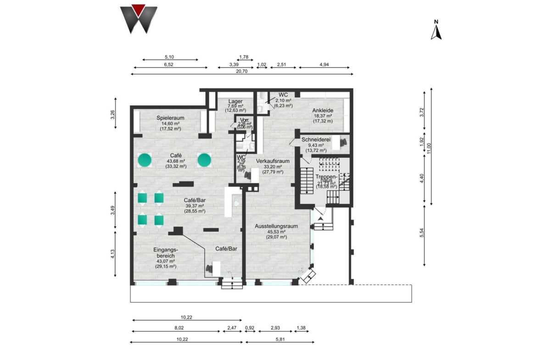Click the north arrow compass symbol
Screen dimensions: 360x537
(x=436, y=30)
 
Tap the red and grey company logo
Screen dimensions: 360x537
(x=139, y=19)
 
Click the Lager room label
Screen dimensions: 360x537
(x=235, y=101)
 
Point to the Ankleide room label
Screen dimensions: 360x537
(x=323, y=111)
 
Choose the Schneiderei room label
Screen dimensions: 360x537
(x=317, y=139)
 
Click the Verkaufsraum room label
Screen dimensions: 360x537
(x=273, y=161)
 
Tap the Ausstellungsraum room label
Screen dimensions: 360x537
(x=277, y=226)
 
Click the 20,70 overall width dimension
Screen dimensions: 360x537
(x=242, y=71)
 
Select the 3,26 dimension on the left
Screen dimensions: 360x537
(x=113, y=115)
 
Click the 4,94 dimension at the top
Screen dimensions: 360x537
(x=324, y=65)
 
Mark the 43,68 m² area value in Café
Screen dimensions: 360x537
(x=176, y=161)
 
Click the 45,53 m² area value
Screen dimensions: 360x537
(x=277, y=232)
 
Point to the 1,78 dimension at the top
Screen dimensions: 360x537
(x=244, y=57)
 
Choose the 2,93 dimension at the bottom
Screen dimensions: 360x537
(x=275, y=328)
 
